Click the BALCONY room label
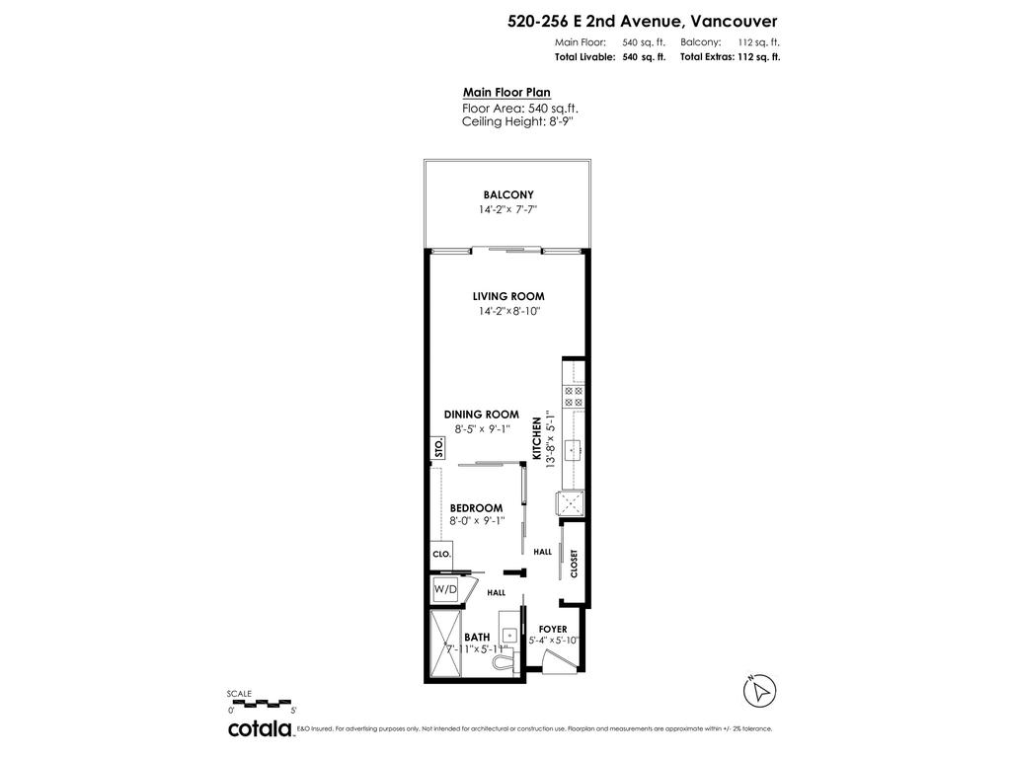point(508,194)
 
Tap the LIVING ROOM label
point(508,296)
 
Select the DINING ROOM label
point(480,415)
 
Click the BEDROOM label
point(476,508)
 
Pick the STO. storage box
point(438,448)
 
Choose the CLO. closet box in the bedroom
point(441,555)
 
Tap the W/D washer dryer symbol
point(446,590)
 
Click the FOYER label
point(553,629)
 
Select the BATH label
point(477,638)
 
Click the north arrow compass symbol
point(760,690)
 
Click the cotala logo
point(261,728)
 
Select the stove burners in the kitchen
point(573,396)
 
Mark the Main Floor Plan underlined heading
point(506,93)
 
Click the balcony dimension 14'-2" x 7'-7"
point(508,210)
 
